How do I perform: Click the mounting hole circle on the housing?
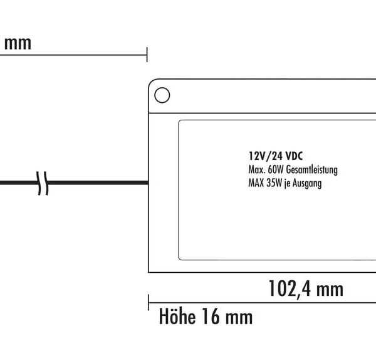tap(162, 95)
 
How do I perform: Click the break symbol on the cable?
tap(42, 184)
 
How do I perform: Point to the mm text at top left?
tap(18, 44)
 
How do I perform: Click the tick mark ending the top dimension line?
tap(147, 54)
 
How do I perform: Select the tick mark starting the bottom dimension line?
tap(149, 302)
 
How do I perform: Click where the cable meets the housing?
tap(148, 184)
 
